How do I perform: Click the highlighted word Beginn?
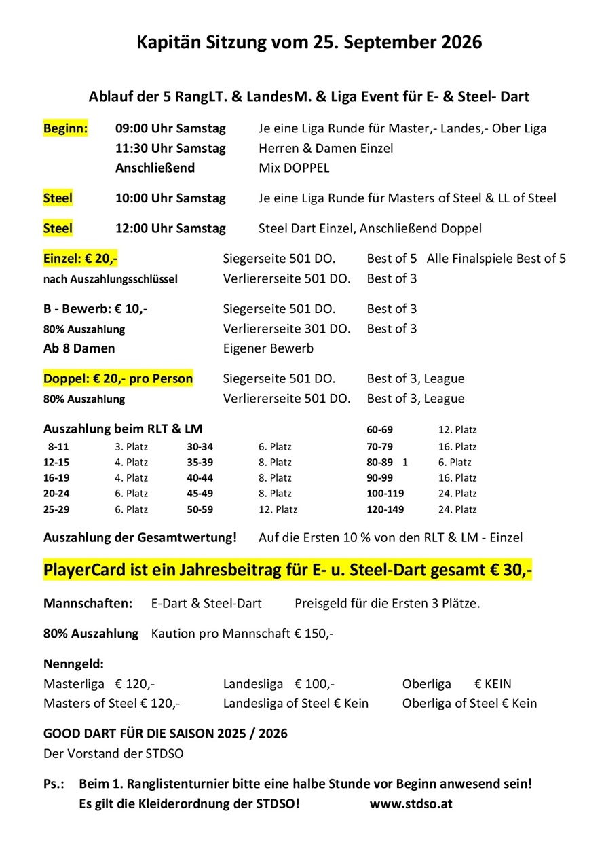(x=66, y=128)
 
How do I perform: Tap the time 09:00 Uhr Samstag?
(x=170, y=128)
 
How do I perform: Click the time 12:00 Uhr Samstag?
(x=170, y=228)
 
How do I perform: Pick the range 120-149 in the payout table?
(x=384, y=509)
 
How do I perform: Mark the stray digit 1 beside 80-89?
(x=405, y=463)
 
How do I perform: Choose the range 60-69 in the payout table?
(x=380, y=430)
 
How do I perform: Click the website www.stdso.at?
(x=411, y=803)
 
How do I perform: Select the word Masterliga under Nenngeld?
(x=74, y=684)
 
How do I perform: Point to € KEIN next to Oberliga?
(x=493, y=684)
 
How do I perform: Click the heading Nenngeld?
(x=74, y=664)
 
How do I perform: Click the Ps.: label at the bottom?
(x=54, y=783)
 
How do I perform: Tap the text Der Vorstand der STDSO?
(x=113, y=753)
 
